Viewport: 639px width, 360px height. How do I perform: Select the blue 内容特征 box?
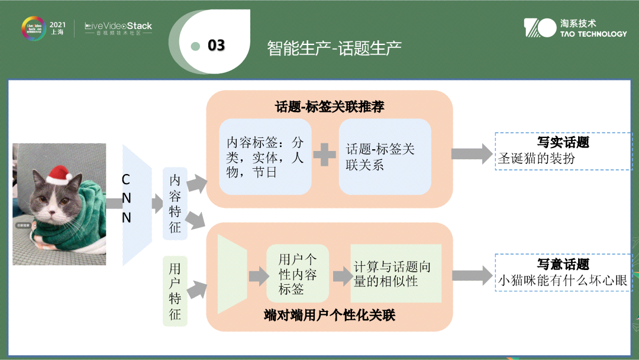(x=175, y=203)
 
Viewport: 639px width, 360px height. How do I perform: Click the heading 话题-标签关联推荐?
(x=330, y=107)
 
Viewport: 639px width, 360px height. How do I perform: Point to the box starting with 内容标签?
(x=265, y=157)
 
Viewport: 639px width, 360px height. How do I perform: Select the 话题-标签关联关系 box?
(x=385, y=157)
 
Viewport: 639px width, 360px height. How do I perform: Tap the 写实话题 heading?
(x=563, y=143)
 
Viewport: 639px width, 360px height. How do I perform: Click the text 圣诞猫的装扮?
(x=536, y=158)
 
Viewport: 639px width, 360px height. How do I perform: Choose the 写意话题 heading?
(x=563, y=265)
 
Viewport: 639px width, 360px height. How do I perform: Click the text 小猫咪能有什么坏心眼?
(x=562, y=281)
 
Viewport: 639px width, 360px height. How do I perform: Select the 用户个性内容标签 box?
(x=298, y=274)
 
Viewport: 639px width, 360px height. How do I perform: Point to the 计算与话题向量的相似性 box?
(x=395, y=274)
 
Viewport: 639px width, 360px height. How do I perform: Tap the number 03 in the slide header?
(x=216, y=46)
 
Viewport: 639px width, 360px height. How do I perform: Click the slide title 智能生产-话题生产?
(x=334, y=47)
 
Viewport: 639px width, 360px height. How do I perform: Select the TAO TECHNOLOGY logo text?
(x=593, y=34)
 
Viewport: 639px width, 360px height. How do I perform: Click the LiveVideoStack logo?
(x=118, y=26)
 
